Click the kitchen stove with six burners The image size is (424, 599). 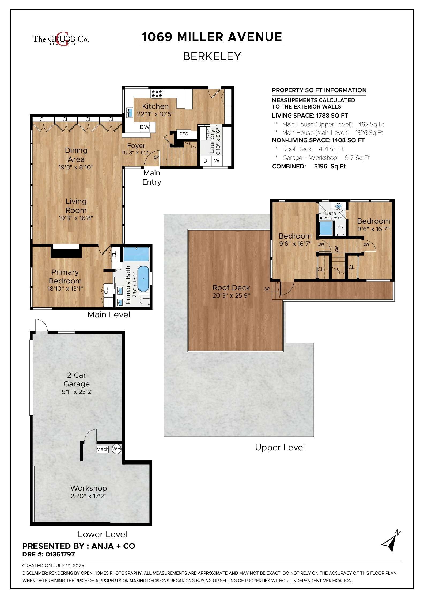[x=157, y=93]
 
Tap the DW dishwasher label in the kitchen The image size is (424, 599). [x=145, y=127]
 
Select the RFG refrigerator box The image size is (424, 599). [x=184, y=134]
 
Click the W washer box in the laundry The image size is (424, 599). [x=217, y=161]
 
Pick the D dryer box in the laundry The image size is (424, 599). [x=205, y=161]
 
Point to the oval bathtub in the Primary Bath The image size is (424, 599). [x=143, y=279]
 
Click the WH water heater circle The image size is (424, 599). [x=116, y=449]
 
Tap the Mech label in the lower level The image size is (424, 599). [x=103, y=449]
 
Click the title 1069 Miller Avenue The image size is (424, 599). [x=212, y=37]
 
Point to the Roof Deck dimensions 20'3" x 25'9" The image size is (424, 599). [x=231, y=295]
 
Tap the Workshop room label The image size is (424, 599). [x=89, y=488]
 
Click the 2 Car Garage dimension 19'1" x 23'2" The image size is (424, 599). [x=77, y=392]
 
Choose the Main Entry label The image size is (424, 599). [x=152, y=177]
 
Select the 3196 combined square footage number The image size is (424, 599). [x=321, y=166]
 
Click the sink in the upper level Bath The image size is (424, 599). [x=338, y=206]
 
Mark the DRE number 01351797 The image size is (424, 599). [x=60, y=554]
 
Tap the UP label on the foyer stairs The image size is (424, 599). [x=156, y=158]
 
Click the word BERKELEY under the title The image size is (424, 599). [x=212, y=56]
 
